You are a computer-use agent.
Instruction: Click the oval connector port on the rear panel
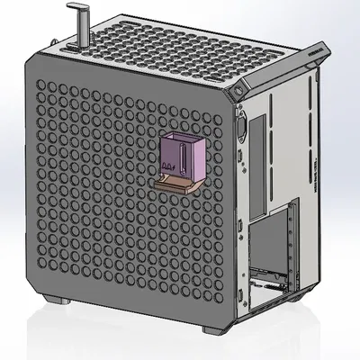coord(241,127)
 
